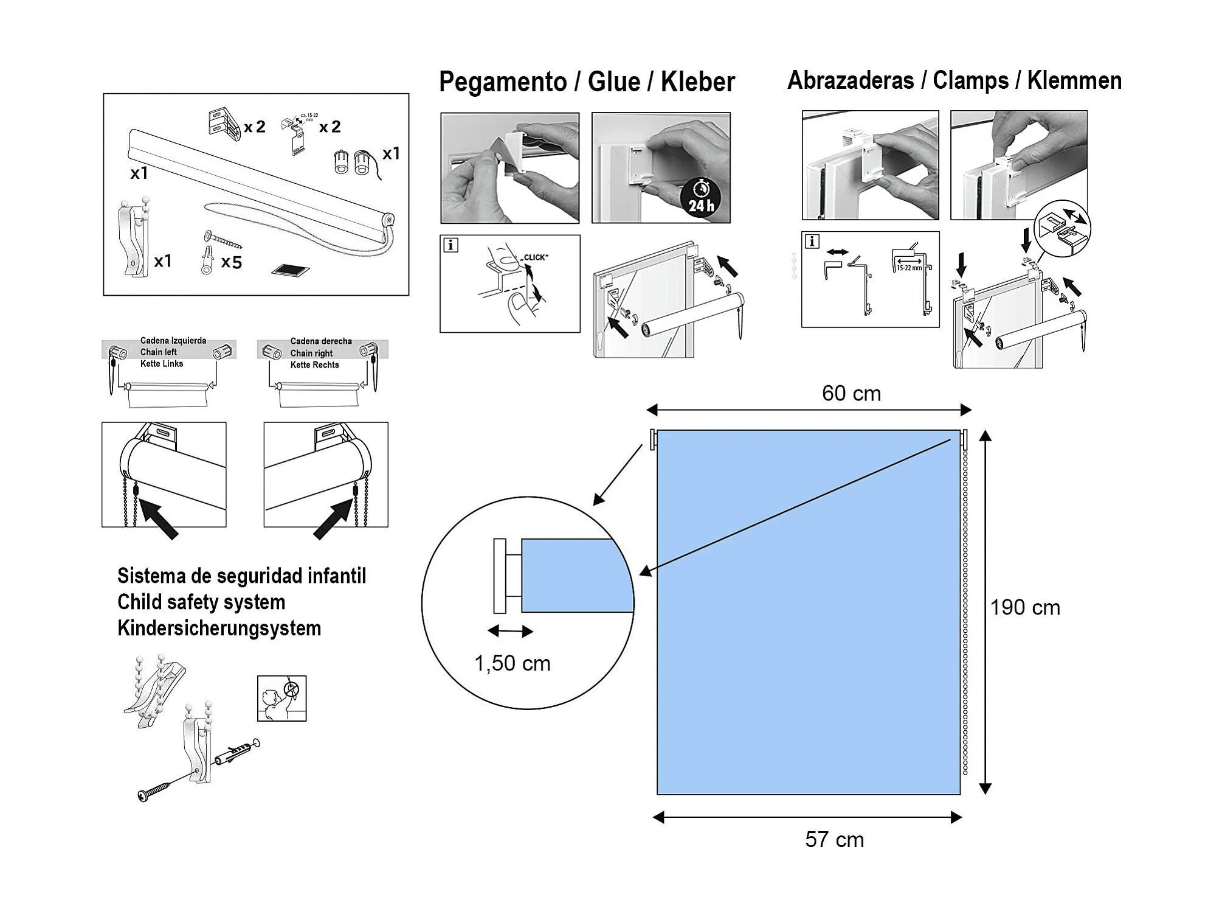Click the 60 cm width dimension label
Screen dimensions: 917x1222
[851, 394]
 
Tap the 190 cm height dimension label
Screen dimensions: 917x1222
[1025, 607]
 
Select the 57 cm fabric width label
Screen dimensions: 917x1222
[834, 840]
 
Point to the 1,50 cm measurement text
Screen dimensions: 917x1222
[512, 663]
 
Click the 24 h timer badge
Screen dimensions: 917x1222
[701, 198]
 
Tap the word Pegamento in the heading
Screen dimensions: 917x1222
[502, 82]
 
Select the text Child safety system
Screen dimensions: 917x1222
[201, 602]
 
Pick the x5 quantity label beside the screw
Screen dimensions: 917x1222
[232, 262]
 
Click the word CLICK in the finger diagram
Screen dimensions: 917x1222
[534, 257]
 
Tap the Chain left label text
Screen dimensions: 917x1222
[159, 352]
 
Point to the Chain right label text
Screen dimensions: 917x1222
[311, 353]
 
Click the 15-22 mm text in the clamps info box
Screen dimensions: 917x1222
[909, 268]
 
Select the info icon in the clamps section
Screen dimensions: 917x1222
[812, 242]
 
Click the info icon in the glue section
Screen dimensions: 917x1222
[450, 245]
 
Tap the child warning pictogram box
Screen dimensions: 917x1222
[281, 698]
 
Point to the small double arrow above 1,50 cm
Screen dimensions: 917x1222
[510, 631]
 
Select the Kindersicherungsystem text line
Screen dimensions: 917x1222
[219, 628]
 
